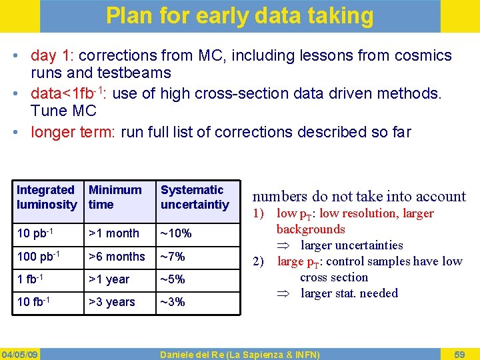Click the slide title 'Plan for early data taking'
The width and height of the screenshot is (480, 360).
point(240,15)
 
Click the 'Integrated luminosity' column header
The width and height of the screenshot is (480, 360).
point(46,197)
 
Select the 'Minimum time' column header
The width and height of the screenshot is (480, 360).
point(115,197)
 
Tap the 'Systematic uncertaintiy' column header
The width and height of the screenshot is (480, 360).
point(194,197)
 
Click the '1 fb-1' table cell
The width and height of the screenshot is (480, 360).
point(31,279)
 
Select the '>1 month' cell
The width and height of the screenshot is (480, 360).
point(113,233)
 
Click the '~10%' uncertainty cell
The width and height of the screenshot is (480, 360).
point(176,233)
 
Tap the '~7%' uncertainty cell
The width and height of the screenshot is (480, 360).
point(173,257)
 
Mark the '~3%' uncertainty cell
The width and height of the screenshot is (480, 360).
point(173,302)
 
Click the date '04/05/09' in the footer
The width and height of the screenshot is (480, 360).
point(19,354)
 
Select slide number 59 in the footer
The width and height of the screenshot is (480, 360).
point(459,354)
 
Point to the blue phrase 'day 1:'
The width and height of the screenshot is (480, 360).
point(49,56)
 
